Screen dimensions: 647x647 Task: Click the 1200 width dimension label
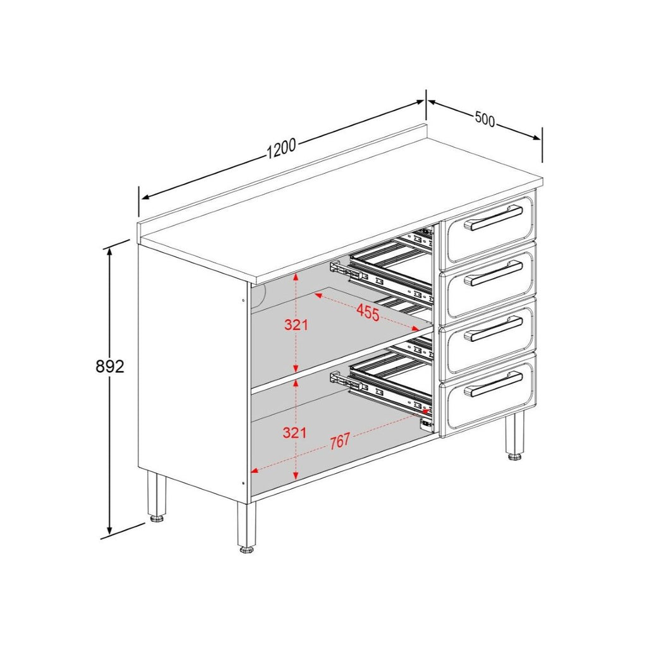(281, 148)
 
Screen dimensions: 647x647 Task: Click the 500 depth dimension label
(485, 119)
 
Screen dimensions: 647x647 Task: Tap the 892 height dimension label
(110, 366)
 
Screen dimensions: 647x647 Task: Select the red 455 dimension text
(367, 311)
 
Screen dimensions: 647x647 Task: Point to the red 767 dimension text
(339, 442)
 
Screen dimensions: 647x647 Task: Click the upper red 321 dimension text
(296, 325)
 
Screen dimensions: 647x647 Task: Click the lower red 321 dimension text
(296, 433)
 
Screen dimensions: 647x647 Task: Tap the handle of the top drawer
(493, 218)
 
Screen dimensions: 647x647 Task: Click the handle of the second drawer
(493, 273)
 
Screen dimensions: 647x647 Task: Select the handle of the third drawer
(493, 329)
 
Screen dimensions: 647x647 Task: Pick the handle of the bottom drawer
(493, 384)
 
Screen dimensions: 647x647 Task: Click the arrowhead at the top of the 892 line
(110, 251)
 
